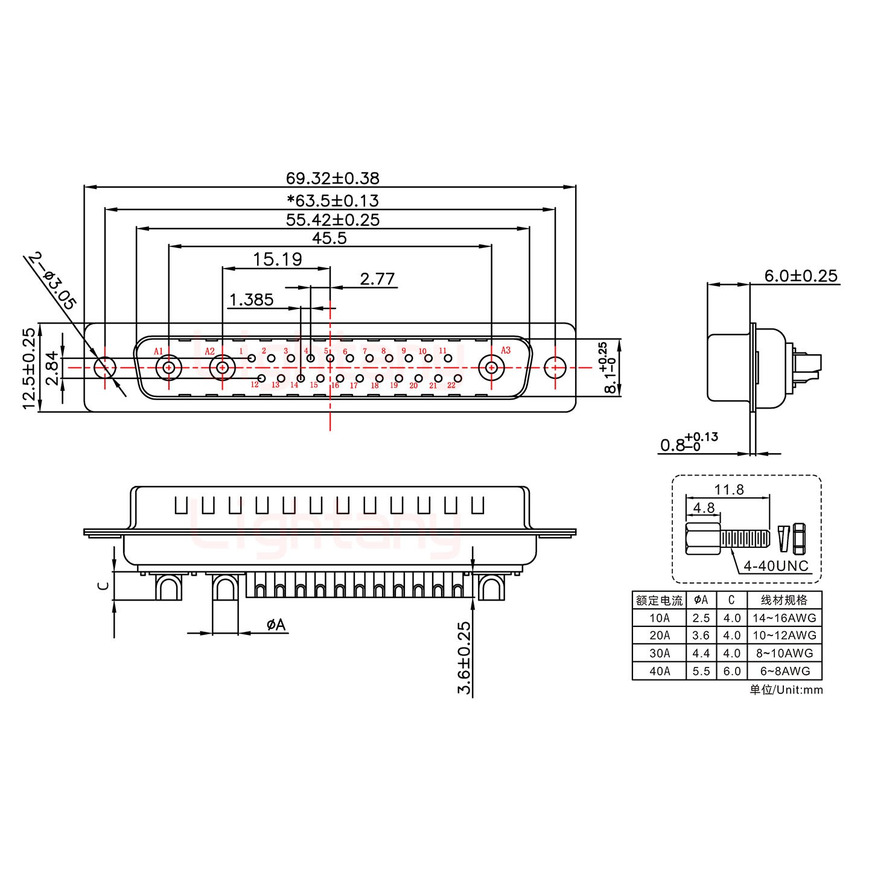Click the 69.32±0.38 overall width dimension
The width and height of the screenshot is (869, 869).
tap(333, 179)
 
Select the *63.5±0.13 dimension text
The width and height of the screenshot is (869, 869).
tap(333, 200)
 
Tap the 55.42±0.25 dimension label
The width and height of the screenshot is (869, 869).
tap(333, 220)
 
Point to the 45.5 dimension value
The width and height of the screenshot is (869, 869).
tap(329, 238)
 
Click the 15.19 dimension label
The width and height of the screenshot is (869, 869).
tap(277, 259)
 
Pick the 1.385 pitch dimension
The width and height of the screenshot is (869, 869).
tap(251, 299)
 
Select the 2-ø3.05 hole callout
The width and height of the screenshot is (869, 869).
tap(51, 281)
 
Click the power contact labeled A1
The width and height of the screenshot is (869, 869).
tap(169, 367)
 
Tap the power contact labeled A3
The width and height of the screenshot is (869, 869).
tap(492, 367)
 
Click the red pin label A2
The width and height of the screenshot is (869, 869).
tap(209, 351)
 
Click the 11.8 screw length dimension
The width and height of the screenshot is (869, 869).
tap(729, 489)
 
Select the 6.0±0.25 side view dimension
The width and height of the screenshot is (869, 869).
tap(801, 276)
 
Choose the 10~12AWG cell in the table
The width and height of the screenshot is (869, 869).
tap(784, 635)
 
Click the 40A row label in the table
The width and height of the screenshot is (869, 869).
tap(659, 670)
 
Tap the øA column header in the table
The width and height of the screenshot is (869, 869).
tap(701, 600)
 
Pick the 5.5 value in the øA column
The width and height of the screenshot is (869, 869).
tap(701, 670)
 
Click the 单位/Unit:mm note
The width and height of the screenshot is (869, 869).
tap(786, 690)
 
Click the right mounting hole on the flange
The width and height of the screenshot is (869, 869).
tap(555, 367)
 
